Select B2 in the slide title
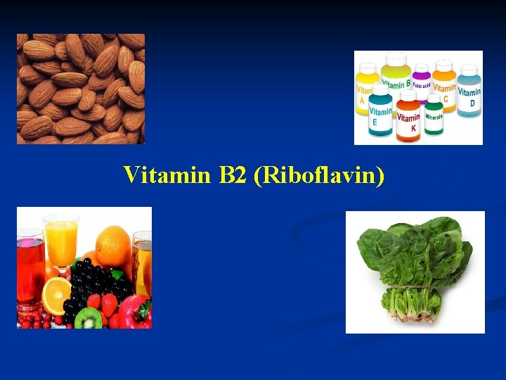click(234, 175)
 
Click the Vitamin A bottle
click(365, 94)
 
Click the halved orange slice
click(56, 296)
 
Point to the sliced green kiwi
click(88, 318)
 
